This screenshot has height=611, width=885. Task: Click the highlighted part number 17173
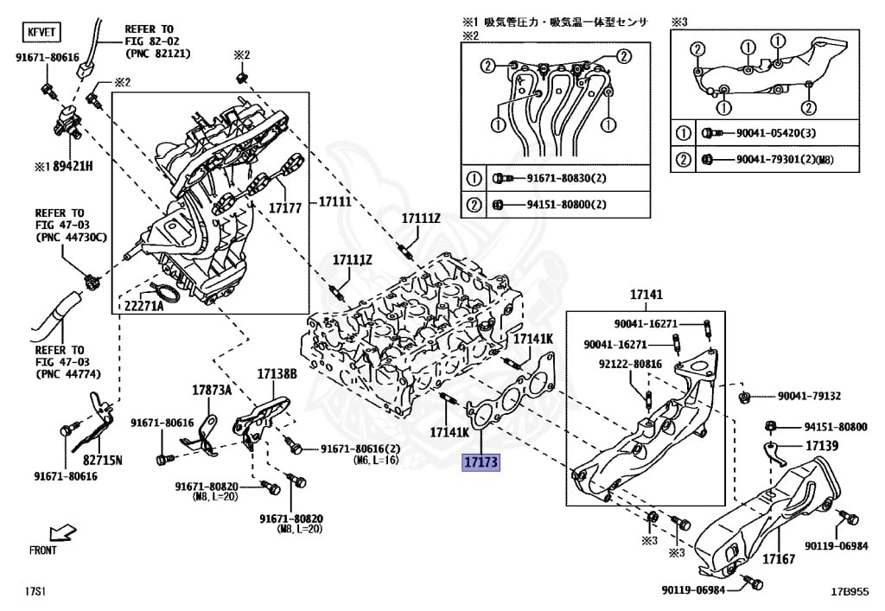coord(481,462)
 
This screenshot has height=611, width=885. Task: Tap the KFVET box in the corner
coord(40,35)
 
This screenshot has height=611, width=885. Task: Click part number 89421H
coord(66,165)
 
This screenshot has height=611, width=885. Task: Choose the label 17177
coord(284,207)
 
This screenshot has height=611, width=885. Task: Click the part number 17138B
coord(277,373)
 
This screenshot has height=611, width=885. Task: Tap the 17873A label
coord(212,390)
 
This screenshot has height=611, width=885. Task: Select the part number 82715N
coord(102,459)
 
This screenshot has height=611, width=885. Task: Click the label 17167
coord(778,559)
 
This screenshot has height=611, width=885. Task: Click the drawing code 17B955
coord(849,592)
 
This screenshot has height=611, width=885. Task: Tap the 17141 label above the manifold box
coord(646,295)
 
